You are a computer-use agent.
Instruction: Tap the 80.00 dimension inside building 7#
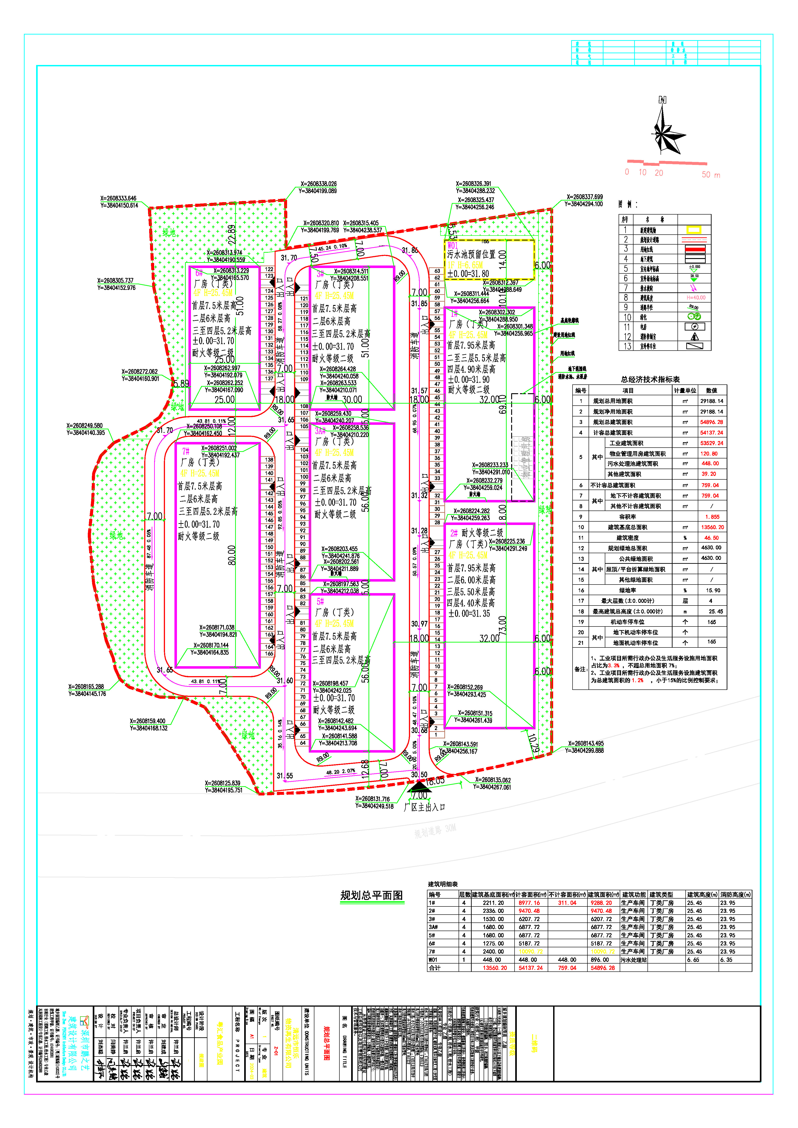232,555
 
